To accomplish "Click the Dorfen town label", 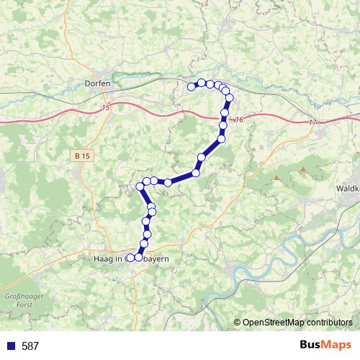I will point(97,83).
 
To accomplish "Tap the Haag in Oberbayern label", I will point(137,257).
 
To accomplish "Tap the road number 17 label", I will point(313,123).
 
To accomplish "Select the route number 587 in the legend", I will point(30,346).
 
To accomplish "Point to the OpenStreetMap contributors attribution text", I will point(297,323).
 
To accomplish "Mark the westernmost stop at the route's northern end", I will point(192,87).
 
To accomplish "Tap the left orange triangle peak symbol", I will point(276,177).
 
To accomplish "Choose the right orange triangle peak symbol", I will point(303,169).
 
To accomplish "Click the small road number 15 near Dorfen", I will point(106,108).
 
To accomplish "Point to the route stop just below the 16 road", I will point(223,126).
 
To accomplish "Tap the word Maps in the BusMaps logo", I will point(337,345).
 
